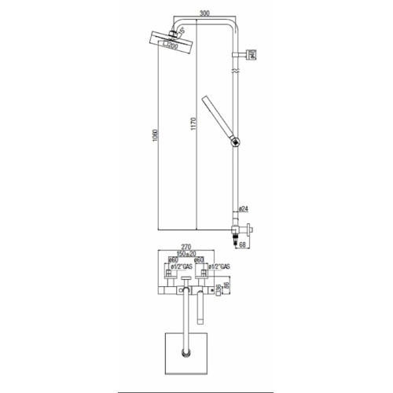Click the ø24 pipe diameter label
[x=243, y=209]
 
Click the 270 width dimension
[x=187, y=247]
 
